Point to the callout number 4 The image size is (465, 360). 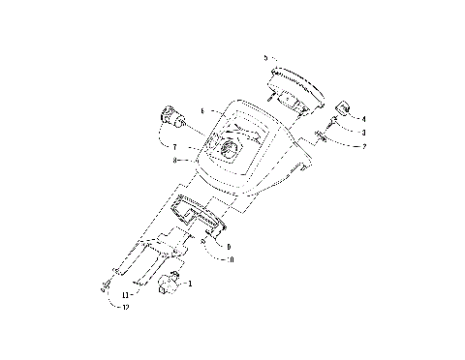364,117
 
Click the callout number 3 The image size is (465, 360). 363,132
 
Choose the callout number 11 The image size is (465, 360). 126,293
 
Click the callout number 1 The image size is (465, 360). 191,284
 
